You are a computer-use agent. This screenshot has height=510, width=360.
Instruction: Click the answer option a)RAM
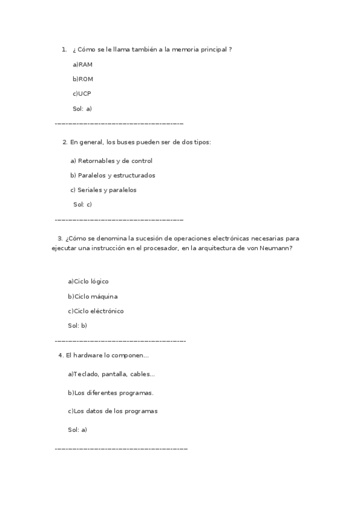82,64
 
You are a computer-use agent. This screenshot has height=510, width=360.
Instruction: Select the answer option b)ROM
82,79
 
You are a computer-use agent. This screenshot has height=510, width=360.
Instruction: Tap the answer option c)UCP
82,94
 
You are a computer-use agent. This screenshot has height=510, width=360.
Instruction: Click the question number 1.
64,49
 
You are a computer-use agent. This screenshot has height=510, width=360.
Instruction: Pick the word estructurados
134,176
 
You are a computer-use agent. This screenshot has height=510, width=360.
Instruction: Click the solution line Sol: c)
82,204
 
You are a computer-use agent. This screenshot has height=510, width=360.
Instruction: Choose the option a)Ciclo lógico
88,281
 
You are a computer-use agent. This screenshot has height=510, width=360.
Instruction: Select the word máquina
104,296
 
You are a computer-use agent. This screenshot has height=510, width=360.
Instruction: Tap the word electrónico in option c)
107,311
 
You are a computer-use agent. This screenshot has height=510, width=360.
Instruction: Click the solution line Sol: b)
78,325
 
